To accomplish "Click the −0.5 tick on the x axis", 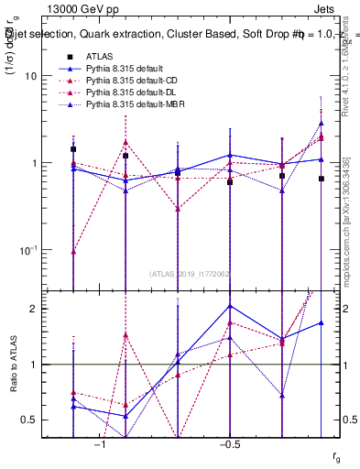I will pos(228,446).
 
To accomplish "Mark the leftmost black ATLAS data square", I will pos(73,148).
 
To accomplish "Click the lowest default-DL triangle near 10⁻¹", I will pos(73,251).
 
